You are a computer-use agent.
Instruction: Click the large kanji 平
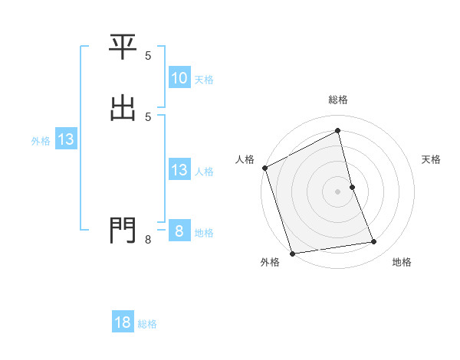123,47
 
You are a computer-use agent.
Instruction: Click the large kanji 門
123,230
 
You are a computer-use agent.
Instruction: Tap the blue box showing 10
179,78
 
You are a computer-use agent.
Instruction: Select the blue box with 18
123,322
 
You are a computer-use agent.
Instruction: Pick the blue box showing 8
179,231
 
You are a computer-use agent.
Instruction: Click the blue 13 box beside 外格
65,139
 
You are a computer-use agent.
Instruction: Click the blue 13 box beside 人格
179,170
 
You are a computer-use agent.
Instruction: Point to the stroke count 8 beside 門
148,241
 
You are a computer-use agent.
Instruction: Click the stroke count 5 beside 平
148,56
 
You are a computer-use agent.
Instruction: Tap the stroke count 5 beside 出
148,117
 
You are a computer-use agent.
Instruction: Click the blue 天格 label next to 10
204,80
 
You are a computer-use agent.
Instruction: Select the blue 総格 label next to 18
147,324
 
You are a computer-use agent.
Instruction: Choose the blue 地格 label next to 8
204,233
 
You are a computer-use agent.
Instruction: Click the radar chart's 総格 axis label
338,100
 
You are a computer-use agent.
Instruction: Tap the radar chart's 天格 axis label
432,159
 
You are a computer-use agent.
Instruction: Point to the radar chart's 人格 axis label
245,159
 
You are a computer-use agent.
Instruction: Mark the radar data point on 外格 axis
292,253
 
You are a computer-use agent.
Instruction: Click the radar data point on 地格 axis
374,242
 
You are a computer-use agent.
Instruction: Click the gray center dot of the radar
338,191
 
